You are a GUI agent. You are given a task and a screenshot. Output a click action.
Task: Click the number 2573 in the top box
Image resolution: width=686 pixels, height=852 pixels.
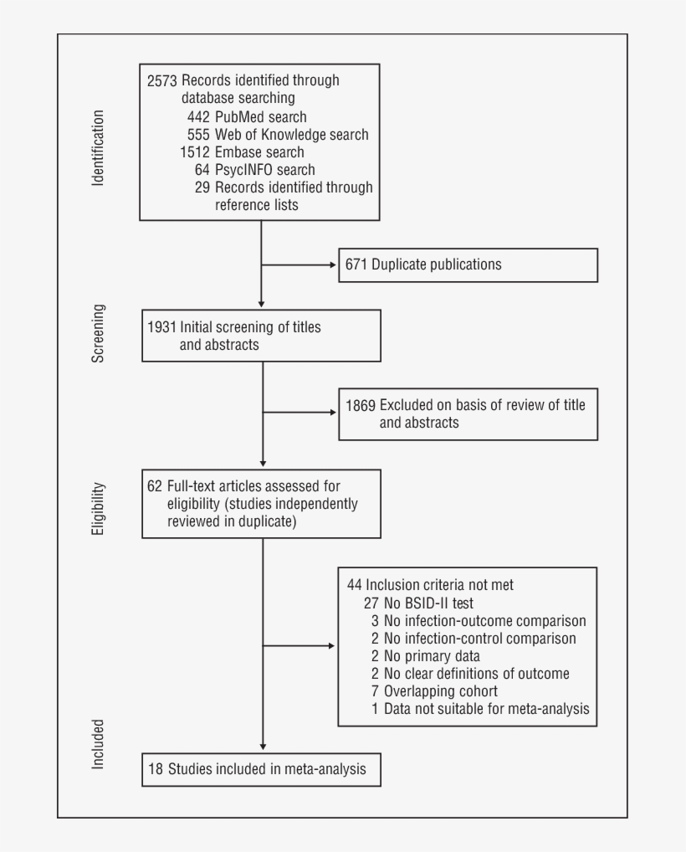[x=162, y=81]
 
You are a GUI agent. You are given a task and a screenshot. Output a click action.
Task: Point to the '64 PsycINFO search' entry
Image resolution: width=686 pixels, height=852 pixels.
[x=254, y=170]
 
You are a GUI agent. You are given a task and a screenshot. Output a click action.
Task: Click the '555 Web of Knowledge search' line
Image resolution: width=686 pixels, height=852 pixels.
[x=278, y=135]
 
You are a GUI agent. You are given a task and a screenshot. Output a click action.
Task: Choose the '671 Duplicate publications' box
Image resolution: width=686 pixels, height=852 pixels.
[x=468, y=264]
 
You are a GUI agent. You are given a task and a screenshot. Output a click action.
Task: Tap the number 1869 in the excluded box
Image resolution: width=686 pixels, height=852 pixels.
[x=361, y=405]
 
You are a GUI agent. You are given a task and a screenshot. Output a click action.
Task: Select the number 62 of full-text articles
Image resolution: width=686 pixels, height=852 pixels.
[x=154, y=486]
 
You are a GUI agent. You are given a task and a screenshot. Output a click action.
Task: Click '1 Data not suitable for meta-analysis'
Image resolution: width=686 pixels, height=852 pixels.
[x=480, y=709]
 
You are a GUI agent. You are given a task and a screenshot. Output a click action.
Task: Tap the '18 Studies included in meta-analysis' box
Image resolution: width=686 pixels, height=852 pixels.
[x=261, y=769]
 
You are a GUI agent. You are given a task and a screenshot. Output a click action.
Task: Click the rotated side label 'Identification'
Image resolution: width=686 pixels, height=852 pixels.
[x=99, y=147]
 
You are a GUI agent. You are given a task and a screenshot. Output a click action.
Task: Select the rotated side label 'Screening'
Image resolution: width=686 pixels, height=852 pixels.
[x=99, y=334]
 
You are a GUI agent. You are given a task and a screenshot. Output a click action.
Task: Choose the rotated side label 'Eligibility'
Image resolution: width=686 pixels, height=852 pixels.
[x=99, y=509]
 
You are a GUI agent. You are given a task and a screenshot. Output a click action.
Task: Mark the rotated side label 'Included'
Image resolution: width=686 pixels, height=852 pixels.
[x=99, y=743]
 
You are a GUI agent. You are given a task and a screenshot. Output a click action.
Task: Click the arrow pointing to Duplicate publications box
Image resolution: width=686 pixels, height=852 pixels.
[x=328, y=265]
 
